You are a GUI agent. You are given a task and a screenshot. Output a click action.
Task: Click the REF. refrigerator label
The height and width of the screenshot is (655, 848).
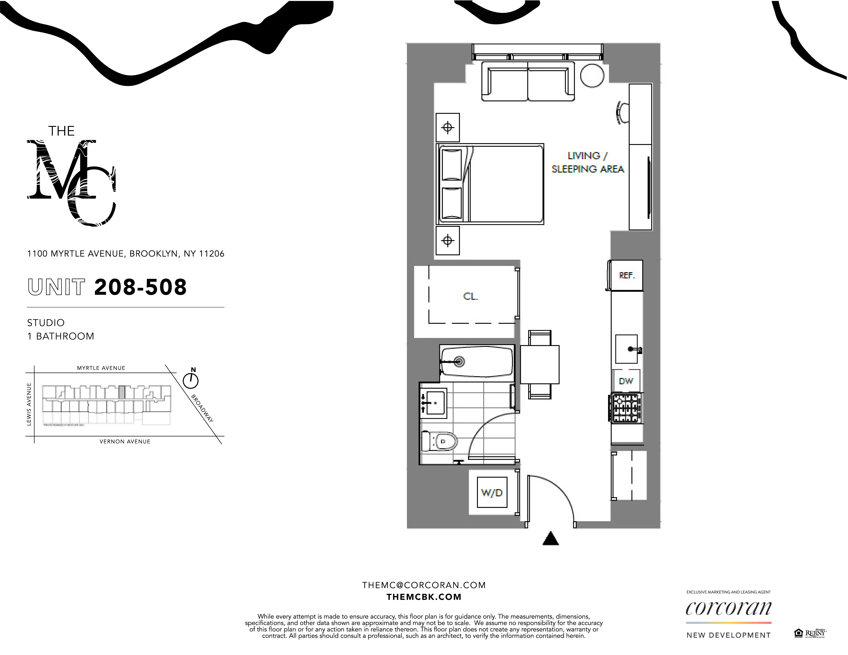pyautogui.click(x=627, y=276)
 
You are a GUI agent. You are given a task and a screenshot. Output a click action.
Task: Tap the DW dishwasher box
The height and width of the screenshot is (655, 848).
pyautogui.click(x=626, y=381)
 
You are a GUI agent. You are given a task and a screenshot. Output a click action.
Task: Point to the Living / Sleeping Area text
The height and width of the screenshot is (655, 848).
pyautogui.click(x=588, y=162)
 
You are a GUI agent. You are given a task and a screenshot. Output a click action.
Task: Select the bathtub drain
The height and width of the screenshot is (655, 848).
pyautogui.click(x=460, y=362)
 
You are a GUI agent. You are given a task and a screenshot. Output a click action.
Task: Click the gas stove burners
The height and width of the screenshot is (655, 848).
pyautogui.click(x=626, y=408)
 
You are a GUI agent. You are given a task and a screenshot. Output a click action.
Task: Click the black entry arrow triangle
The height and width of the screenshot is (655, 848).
pyautogui.click(x=550, y=539)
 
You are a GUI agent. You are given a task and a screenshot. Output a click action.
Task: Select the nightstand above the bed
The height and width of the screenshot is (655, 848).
pyautogui.click(x=448, y=127)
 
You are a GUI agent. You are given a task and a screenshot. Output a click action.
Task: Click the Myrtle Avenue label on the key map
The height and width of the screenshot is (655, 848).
pyautogui.click(x=101, y=368)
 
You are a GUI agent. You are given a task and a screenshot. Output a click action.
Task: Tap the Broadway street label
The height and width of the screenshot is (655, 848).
pyautogui.click(x=202, y=408)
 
